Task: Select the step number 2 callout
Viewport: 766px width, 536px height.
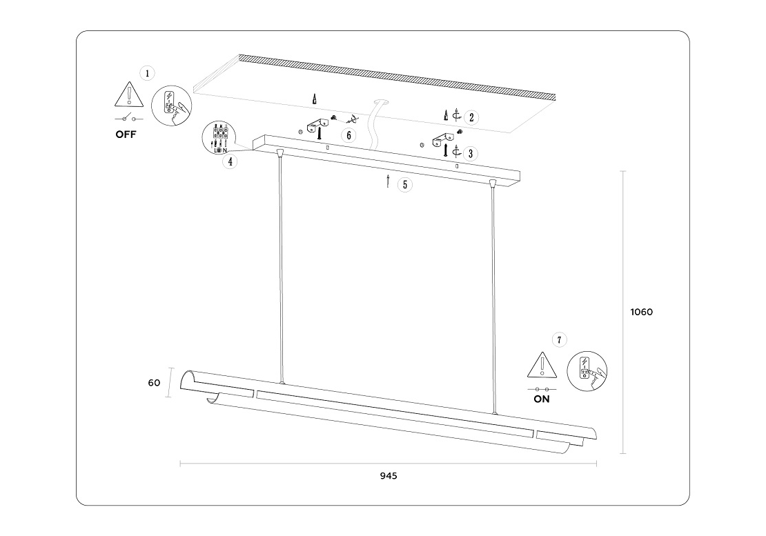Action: coord(471,117)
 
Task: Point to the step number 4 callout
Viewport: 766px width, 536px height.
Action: coord(230,161)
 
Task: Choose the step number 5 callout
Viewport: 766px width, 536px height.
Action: coord(405,184)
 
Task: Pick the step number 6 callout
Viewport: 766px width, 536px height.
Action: coord(349,135)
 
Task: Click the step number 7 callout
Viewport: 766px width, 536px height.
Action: coord(560,339)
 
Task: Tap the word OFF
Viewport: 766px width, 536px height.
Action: coord(126,135)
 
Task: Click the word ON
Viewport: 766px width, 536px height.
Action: coord(542,399)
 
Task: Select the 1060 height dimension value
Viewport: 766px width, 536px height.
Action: coord(641,312)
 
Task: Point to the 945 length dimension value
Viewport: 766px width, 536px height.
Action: coord(389,476)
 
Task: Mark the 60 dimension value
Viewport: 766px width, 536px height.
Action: coord(154,383)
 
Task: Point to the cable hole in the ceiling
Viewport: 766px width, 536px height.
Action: coord(382,103)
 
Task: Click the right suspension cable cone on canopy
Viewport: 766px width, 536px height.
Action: coord(492,183)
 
